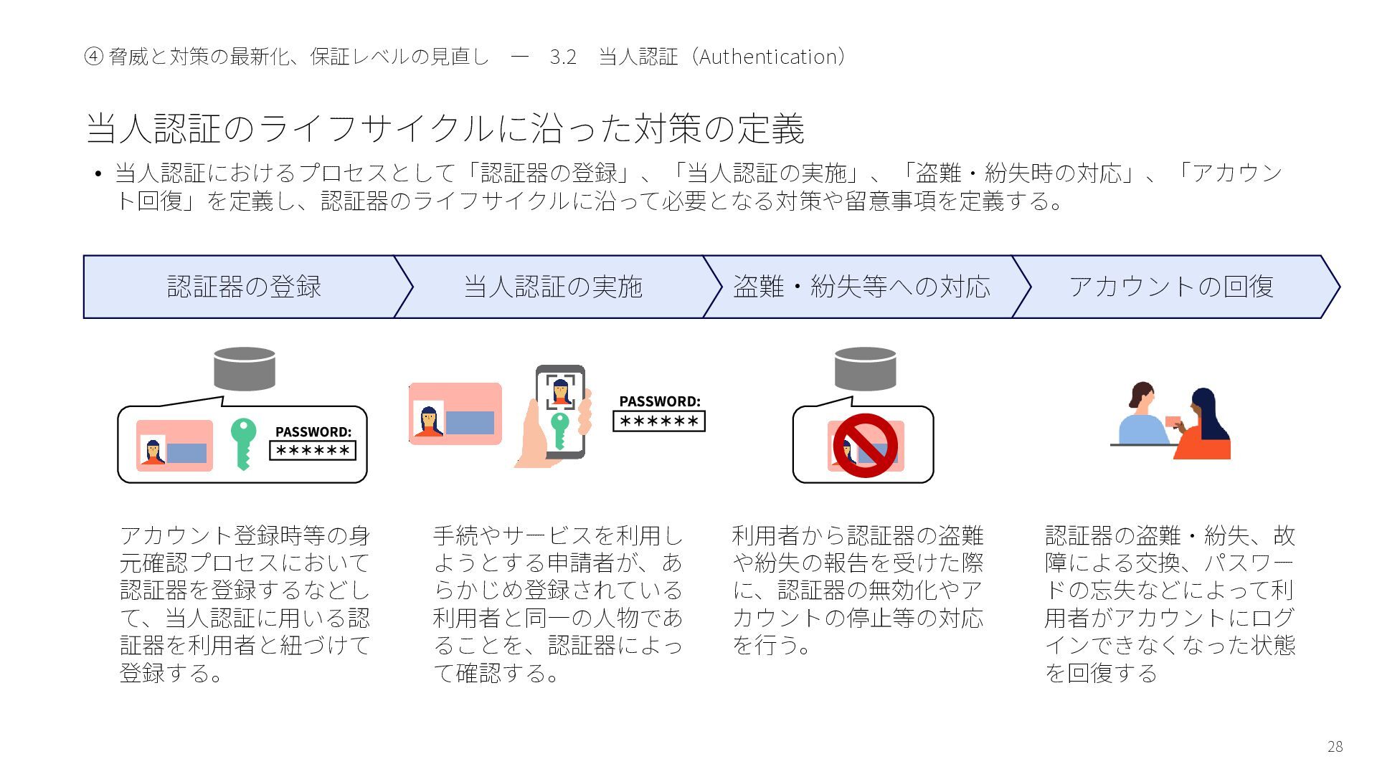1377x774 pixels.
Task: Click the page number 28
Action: (1335, 747)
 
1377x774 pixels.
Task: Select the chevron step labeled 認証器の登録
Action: (244, 287)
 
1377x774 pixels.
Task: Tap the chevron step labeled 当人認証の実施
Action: (553, 287)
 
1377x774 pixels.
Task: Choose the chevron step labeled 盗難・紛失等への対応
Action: (861, 287)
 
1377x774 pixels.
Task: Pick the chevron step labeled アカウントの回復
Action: (1171, 287)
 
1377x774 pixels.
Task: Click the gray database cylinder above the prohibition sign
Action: (865, 368)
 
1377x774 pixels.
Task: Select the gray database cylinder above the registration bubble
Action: (245, 368)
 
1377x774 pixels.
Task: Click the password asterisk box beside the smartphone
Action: (659, 421)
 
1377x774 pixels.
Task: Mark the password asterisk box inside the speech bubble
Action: (313, 451)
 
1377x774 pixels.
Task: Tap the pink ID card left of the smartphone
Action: (455, 414)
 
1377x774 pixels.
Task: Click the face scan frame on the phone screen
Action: (560, 391)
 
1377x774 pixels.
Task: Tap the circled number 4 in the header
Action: (93, 57)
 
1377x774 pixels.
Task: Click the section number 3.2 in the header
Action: (563, 57)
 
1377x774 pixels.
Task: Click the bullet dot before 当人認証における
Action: (98, 174)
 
